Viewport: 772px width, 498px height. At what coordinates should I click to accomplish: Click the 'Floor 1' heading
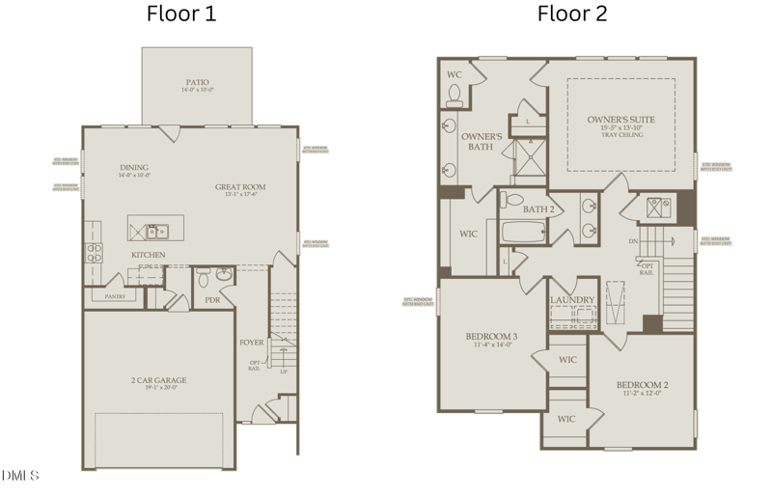[x=181, y=14]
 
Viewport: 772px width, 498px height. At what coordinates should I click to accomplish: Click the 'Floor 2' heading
[x=572, y=14]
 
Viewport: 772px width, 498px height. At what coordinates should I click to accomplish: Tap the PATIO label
[x=197, y=82]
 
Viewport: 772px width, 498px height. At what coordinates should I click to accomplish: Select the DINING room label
[x=134, y=167]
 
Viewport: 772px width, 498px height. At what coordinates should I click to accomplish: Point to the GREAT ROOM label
[x=240, y=187]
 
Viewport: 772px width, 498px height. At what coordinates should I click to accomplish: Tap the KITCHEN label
[x=149, y=255]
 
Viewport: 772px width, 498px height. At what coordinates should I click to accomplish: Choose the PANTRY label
[x=115, y=297]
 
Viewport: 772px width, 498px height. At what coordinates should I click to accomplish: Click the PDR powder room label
[x=212, y=300]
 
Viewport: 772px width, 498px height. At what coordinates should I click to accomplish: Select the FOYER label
[x=252, y=343]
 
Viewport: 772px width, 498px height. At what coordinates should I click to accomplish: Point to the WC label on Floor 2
[x=455, y=74]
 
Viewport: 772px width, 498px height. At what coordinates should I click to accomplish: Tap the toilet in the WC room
[x=455, y=94]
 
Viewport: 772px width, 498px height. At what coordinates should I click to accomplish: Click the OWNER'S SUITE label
[x=620, y=120]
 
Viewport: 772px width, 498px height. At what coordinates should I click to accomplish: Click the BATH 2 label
[x=538, y=208]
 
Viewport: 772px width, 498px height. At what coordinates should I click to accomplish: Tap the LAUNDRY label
[x=572, y=300]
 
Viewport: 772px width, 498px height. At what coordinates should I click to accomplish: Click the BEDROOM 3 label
[x=491, y=337]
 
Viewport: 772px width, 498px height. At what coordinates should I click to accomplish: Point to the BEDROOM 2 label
[x=642, y=386]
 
